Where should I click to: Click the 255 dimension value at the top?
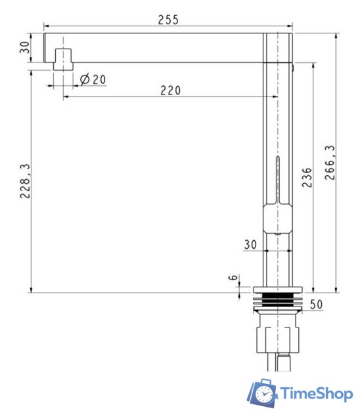coord(168,20)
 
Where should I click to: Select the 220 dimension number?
coord(171,91)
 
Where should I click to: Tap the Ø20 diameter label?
coord(93,79)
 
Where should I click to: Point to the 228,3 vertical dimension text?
coord(25,181)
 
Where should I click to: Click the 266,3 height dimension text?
coord(330,162)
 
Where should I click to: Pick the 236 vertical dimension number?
coord(307,177)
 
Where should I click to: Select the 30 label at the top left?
coord(25,47)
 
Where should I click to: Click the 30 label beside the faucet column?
coord(250,244)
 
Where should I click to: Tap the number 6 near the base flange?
coord(233,277)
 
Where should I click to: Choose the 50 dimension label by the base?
coord(316,304)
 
